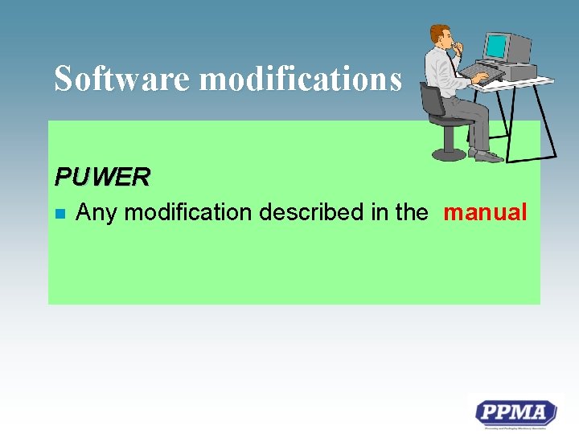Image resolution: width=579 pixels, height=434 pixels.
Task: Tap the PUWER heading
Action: (x=101, y=176)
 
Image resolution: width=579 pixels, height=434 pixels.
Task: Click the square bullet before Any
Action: (x=59, y=214)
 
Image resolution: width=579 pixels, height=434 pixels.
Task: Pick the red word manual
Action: (x=485, y=213)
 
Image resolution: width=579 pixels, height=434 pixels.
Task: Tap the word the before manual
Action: (x=412, y=213)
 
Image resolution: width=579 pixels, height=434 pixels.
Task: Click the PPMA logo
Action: (x=515, y=414)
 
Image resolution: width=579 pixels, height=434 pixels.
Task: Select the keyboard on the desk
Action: (x=482, y=75)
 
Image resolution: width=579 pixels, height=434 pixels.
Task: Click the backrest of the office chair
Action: (x=431, y=100)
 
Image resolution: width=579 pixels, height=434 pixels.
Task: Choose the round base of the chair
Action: (x=447, y=154)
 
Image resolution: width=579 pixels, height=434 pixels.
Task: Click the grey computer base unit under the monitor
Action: (x=515, y=72)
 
